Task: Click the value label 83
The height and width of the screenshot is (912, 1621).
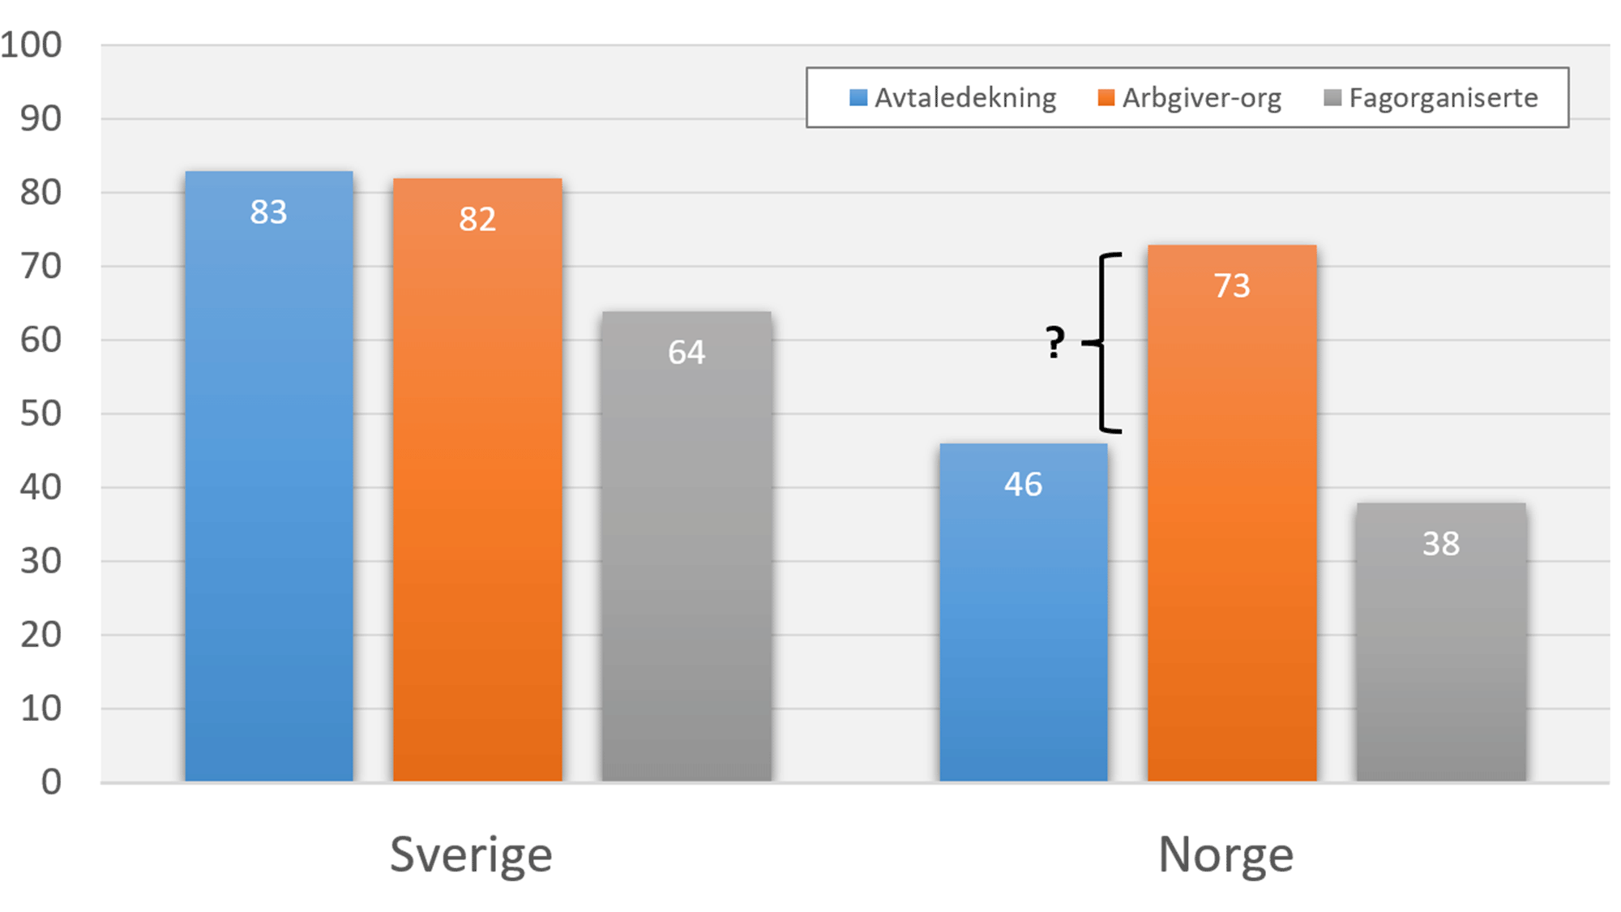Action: [268, 212]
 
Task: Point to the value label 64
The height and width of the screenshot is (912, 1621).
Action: [686, 353]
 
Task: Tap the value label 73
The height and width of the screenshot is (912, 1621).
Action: [1232, 286]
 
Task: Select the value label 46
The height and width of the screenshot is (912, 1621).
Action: [1023, 485]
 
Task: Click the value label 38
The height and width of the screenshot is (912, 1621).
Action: [1441, 544]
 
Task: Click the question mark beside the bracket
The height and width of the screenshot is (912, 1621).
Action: [1054, 342]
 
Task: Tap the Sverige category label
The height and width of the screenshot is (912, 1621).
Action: [471, 855]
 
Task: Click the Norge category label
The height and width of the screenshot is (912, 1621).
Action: [1225, 855]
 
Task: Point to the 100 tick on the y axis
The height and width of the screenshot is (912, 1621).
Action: [31, 45]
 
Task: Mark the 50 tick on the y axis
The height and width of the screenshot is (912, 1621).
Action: [41, 414]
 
